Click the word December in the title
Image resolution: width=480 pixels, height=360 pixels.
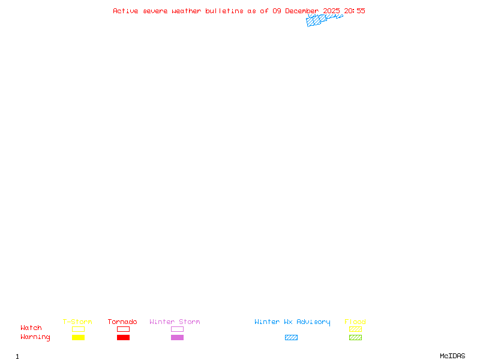302,11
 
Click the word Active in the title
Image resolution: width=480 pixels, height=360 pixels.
126,11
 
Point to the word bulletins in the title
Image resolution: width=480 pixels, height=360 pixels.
224,11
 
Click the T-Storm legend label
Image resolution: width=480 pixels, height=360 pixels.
77,322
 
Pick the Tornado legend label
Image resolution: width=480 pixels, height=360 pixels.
122,322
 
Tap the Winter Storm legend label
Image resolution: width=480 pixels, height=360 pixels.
175,322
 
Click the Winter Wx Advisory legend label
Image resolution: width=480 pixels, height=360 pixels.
292,322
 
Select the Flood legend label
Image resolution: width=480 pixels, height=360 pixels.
355,322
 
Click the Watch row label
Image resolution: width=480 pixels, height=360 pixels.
31,328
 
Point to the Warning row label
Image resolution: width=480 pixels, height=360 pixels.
35,337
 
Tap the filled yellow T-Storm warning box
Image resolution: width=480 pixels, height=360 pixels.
78,337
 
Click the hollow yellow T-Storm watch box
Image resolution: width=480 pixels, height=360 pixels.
78,329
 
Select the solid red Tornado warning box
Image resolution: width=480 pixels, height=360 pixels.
123,337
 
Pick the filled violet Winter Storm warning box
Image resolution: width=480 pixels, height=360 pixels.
177,337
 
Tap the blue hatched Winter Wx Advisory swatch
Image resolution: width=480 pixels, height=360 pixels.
291,337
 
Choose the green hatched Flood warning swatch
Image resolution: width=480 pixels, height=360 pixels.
355,337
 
